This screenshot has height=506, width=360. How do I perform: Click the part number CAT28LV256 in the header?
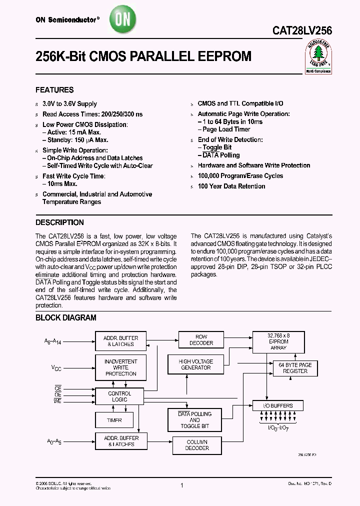[302, 30]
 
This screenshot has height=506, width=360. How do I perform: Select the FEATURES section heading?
[54, 90]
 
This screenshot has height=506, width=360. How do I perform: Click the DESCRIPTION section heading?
[59, 222]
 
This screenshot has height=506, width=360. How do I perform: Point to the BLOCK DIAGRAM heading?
[65, 317]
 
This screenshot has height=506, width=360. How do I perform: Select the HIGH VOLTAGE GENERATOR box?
[195, 364]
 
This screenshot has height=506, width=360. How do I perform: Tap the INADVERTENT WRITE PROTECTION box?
[120, 367]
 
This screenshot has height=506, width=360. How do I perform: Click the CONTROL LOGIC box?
[119, 396]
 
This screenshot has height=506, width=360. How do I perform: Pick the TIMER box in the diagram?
[114, 420]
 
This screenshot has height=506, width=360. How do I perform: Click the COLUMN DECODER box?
[197, 445]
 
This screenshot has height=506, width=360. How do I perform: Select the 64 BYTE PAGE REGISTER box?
[295, 368]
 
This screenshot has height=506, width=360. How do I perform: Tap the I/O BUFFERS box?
[278, 405]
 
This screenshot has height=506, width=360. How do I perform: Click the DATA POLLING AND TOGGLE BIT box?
[194, 420]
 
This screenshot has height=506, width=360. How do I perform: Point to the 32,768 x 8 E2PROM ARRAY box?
[278, 342]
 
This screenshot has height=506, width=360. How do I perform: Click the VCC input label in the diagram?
[56, 368]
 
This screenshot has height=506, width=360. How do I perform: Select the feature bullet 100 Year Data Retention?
[231, 186]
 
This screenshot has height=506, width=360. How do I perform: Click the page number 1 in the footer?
[182, 485]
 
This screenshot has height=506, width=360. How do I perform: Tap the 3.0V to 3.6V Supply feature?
[69, 104]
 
